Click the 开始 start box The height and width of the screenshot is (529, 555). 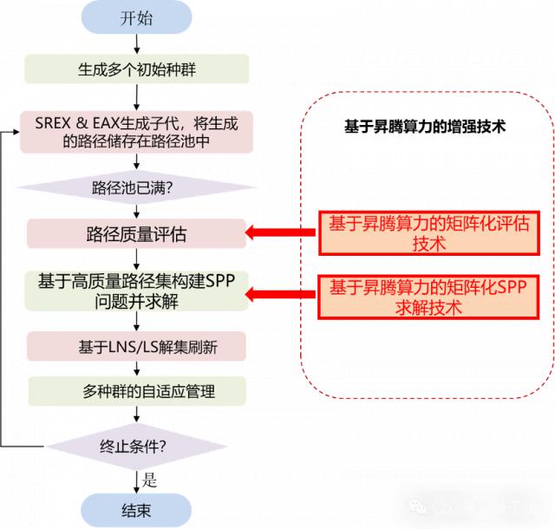click(x=135, y=18)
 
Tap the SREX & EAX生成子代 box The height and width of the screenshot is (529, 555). click(x=136, y=131)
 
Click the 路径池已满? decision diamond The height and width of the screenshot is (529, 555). click(x=136, y=186)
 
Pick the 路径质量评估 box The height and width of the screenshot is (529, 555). click(x=136, y=233)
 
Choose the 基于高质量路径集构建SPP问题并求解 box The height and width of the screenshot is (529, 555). click(x=136, y=291)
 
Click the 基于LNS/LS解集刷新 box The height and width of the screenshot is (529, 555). click(x=136, y=347)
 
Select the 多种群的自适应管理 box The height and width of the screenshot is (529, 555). click(x=136, y=391)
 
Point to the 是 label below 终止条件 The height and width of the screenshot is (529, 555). click(x=149, y=479)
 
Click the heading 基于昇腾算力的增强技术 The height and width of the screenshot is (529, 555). click(x=425, y=127)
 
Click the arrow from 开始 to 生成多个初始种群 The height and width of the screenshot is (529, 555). click(x=136, y=44)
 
